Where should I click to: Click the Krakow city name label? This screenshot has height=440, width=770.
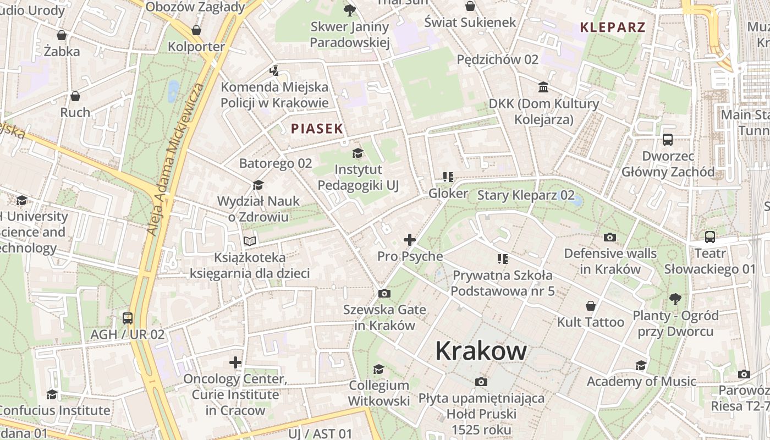[x=481, y=351]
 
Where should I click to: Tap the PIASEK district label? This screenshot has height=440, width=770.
[x=317, y=129]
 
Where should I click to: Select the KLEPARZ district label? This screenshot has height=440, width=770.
[x=612, y=27]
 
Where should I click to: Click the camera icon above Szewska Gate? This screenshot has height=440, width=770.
[x=384, y=293]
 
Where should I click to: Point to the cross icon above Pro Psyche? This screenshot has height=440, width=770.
[x=409, y=240]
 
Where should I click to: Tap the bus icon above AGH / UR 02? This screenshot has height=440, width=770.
[x=128, y=318]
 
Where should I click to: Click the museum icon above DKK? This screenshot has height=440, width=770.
[x=543, y=87]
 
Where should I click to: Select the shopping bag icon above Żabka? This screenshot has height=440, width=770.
[x=62, y=35]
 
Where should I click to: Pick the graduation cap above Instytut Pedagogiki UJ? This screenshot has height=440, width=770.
[x=358, y=153]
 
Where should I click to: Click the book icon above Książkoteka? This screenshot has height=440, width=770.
[x=250, y=241]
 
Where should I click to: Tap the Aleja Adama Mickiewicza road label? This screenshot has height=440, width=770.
[x=175, y=159]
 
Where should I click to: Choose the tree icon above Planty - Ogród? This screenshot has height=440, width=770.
[x=675, y=299]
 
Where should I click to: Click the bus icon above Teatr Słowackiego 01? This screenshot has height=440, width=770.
[x=710, y=237]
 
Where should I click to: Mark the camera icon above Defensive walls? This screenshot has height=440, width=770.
[x=609, y=238]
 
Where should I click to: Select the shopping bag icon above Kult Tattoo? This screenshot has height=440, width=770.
[x=591, y=306]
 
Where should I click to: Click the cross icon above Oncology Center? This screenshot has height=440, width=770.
[x=235, y=362]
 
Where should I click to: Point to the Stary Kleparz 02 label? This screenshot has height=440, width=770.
[x=525, y=195]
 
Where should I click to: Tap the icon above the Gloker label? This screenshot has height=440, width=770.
[x=448, y=177]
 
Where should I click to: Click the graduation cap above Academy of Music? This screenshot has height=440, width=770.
[x=641, y=365]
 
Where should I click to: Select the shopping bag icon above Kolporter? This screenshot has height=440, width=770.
[x=196, y=30]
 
